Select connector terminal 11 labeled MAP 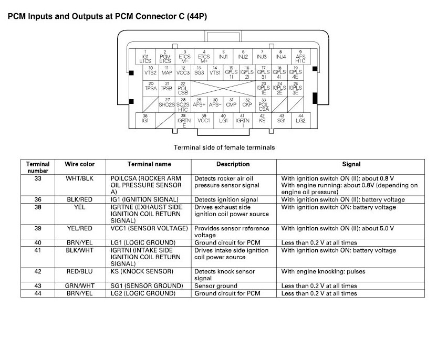[x=167, y=71]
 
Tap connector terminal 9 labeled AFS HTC [x=300, y=56]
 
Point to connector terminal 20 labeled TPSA [x=151, y=87]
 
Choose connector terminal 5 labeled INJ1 [x=223, y=55]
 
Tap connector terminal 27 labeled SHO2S [x=167, y=102]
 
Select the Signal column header [x=351, y=164]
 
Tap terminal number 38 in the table [x=38, y=207]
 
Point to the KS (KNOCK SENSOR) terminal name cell [x=141, y=271]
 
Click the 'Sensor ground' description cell [x=216, y=286]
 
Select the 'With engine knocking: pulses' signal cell [x=323, y=271]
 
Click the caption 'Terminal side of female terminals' [x=224, y=147]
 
